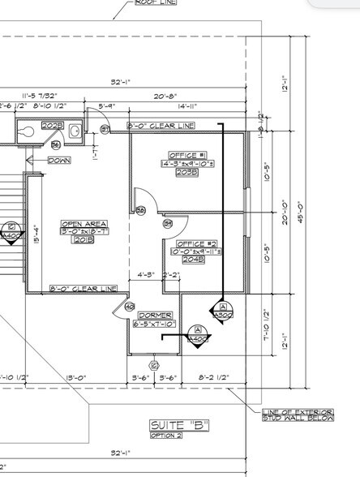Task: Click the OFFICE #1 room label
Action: coord(187,155)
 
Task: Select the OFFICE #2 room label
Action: coord(195,243)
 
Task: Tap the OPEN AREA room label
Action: coord(84,224)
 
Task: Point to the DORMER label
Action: coord(154,315)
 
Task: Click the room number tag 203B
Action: coord(187,172)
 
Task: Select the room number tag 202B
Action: coord(53,126)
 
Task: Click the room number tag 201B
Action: coord(84,240)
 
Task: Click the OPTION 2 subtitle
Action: coord(166,436)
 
